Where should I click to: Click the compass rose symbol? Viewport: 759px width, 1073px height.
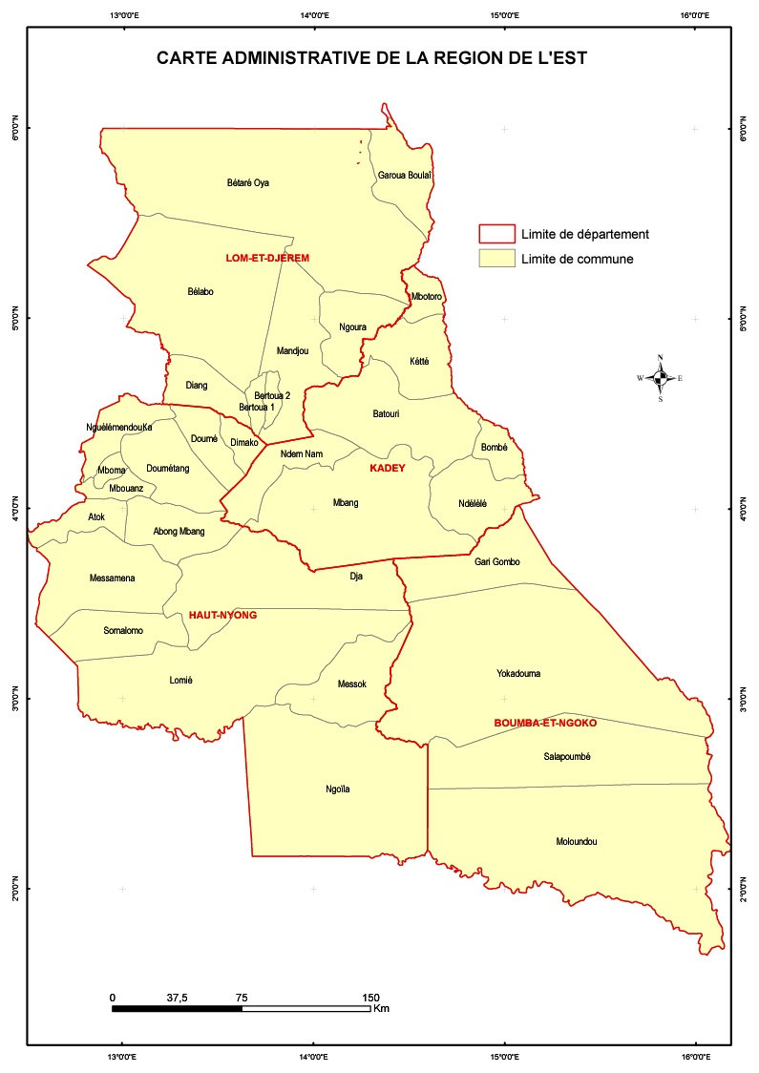tap(660, 378)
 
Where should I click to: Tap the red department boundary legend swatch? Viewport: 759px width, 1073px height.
tap(496, 234)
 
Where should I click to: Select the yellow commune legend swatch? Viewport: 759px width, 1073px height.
tap(496, 259)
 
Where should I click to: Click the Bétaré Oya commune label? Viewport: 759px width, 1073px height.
tap(248, 182)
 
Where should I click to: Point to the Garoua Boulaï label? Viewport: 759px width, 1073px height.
tap(406, 175)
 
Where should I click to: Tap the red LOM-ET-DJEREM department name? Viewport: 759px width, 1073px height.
tap(267, 258)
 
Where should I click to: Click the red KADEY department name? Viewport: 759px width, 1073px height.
tap(388, 469)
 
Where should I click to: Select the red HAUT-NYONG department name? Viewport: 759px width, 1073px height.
tap(222, 615)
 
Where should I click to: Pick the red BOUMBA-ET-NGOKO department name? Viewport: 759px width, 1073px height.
tap(545, 723)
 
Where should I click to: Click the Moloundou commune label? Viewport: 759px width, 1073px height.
tap(576, 842)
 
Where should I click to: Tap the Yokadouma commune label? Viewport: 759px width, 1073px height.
tap(518, 673)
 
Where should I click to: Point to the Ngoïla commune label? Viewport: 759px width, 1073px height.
tap(338, 789)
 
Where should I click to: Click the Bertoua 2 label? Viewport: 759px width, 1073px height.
tap(272, 395)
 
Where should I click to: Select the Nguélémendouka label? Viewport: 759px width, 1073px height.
tap(119, 427)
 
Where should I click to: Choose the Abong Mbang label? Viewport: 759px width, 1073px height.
tap(179, 531)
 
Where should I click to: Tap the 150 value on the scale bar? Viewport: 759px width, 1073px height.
tap(371, 998)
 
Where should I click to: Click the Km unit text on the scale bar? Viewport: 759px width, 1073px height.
tap(382, 1008)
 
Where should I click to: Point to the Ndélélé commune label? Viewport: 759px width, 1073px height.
tap(472, 503)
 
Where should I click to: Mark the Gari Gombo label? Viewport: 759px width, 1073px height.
tap(496, 561)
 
